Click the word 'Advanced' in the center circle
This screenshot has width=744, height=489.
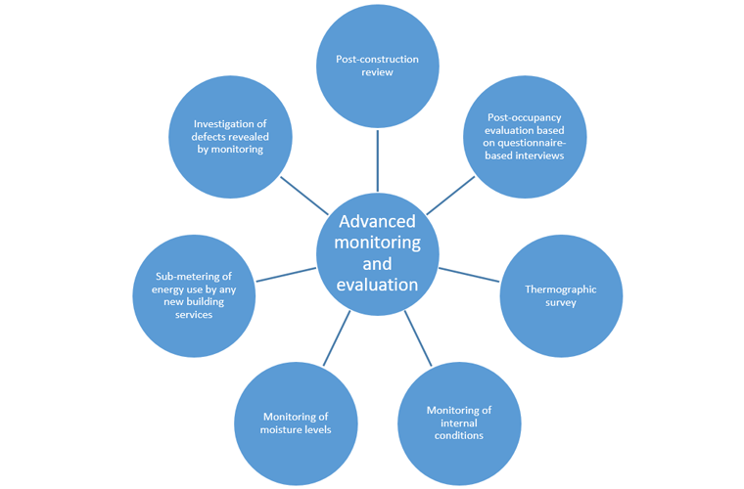(x=377, y=221)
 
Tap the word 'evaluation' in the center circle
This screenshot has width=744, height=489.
(x=377, y=285)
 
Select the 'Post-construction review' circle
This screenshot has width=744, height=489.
(x=377, y=67)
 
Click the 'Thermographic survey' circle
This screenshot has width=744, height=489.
(x=561, y=295)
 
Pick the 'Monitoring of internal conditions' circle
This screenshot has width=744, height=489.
(x=458, y=422)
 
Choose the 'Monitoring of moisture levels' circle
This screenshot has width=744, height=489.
(x=296, y=423)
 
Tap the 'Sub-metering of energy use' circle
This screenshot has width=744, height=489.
(x=194, y=295)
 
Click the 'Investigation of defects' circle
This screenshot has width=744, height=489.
(x=230, y=136)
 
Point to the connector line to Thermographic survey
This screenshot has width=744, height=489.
(x=470, y=274)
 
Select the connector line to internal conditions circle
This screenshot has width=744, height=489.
(x=418, y=338)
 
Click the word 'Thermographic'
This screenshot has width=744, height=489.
(x=560, y=289)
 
